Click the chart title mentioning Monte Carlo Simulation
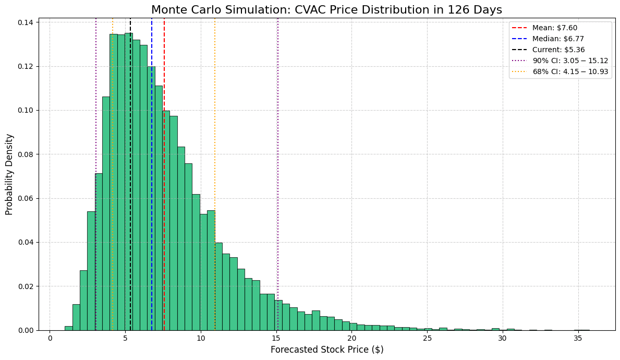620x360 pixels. (x=326, y=9)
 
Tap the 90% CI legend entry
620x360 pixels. (x=570, y=61)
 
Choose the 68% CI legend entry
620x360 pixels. (x=570, y=71)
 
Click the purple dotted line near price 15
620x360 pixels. (x=278, y=157)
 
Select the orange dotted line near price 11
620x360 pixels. (x=215, y=130)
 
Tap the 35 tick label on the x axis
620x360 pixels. (x=578, y=339)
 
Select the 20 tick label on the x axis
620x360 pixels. (x=351, y=339)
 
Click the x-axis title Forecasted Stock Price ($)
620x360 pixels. (x=326, y=350)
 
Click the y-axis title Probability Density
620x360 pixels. (x=9, y=174)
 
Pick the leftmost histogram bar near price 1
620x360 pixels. (x=68, y=328)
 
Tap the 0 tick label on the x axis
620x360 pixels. (x=50, y=339)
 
